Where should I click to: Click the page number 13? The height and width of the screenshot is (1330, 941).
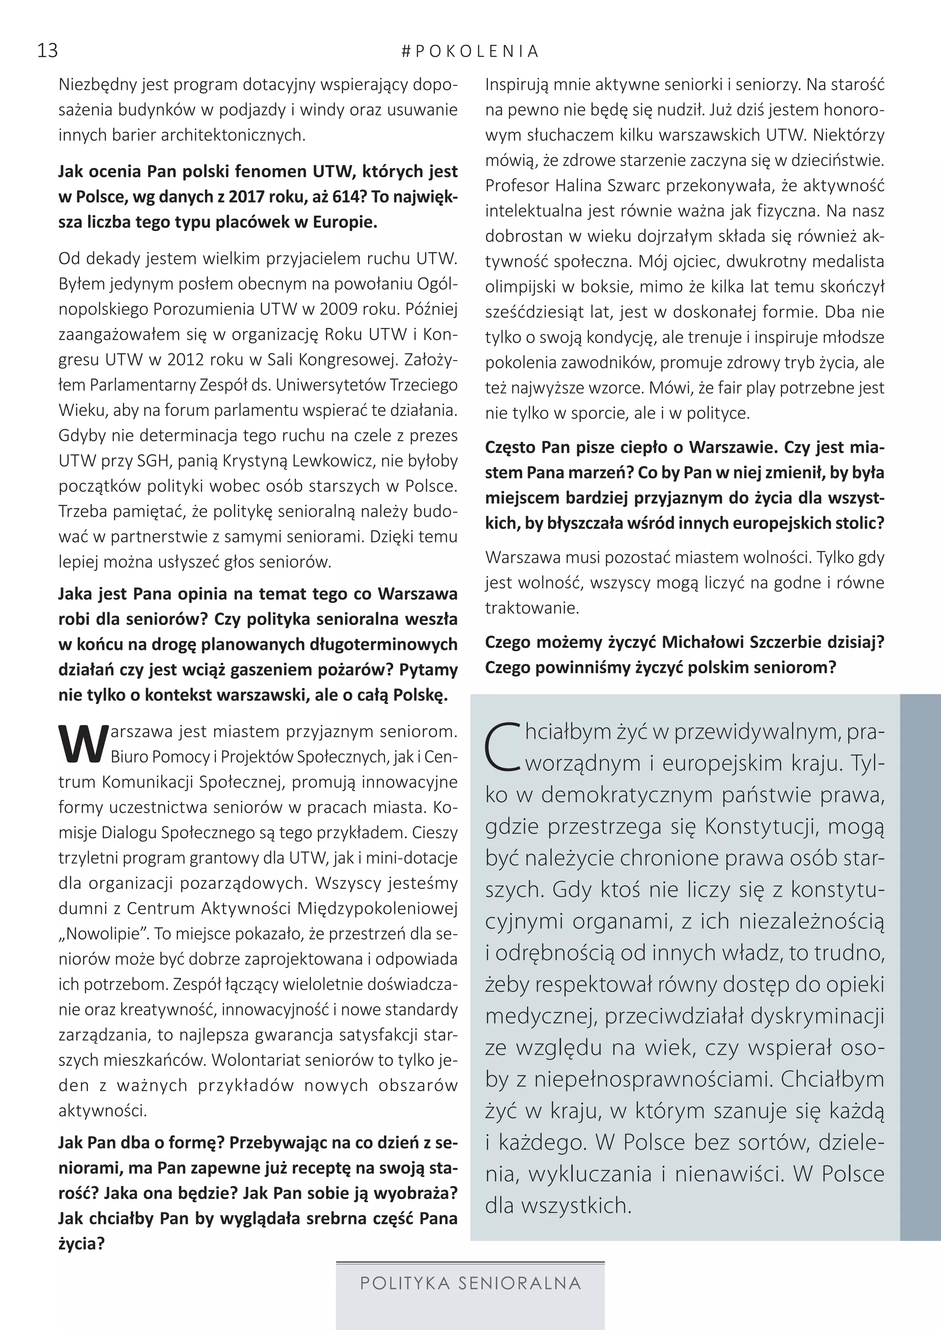pyautogui.click(x=47, y=51)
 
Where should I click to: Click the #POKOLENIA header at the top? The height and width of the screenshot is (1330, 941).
pyautogui.click(x=470, y=51)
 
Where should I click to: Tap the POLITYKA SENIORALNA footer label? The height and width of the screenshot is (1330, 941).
pyautogui.click(x=470, y=1283)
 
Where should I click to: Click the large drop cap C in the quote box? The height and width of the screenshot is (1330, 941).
pyautogui.click(x=504, y=748)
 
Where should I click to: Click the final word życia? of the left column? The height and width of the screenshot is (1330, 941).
pyautogui.click(x=82, y=1244)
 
